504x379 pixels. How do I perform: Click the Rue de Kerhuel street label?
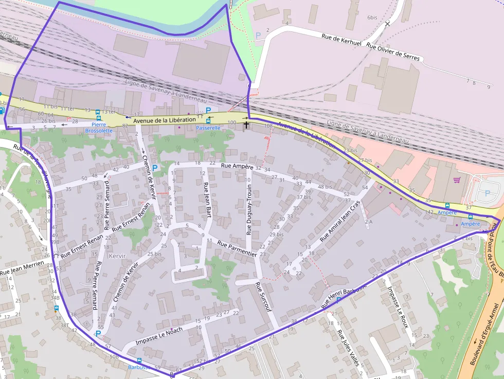click(341, 39)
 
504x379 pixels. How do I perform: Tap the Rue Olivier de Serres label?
click(393, 52)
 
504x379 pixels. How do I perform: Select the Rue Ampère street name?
click(237, 166)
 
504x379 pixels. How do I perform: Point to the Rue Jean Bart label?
click(208, 199)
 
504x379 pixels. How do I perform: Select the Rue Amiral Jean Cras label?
click(341, 221)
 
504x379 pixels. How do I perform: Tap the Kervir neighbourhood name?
click(117, 256)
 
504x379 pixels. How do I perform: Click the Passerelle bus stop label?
click(208, 128)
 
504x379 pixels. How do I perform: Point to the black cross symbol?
click(246, 124)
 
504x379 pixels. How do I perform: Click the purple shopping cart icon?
click(457, 180)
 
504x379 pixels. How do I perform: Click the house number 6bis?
click(372, 17)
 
